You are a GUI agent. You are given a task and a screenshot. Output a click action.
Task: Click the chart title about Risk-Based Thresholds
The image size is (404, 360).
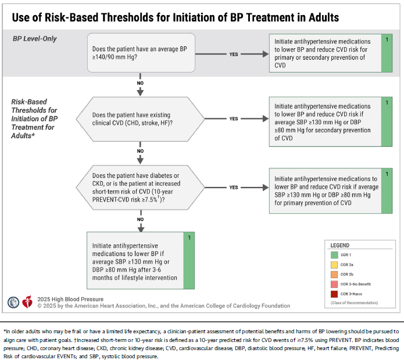pos(175,17)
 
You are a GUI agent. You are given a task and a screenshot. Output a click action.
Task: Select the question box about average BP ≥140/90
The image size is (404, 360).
pos(141,52)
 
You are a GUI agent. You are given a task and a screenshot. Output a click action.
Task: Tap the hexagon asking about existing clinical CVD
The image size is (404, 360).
pos(140,119)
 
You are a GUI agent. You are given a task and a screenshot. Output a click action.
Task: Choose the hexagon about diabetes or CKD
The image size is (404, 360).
pos(140,188)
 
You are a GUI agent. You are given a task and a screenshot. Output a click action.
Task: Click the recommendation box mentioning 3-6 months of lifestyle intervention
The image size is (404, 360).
pos(141,260)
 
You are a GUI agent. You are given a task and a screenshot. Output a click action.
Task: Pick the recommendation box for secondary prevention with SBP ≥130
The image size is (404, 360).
pos(331,122)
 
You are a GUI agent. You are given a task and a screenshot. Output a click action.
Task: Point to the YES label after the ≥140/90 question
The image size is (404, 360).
pos(234,55)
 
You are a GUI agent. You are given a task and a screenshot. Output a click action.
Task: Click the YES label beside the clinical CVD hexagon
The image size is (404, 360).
pos(234,118)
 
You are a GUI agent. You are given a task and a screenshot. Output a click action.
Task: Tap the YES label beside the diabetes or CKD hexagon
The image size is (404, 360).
pos(234,188)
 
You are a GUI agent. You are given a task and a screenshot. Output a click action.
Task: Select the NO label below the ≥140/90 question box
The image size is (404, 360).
pos(140,83)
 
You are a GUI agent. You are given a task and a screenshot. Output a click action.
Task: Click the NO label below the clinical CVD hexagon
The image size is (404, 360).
pos(140,151)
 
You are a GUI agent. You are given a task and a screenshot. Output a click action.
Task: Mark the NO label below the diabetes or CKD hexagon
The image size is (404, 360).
pos(141,219)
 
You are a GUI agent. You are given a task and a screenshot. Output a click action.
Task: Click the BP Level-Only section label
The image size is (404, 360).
pos(34,38)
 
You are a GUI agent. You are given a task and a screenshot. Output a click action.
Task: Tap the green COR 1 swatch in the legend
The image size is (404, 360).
pos(334,255)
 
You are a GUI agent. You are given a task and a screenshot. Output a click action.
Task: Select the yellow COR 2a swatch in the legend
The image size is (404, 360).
pos(334,265)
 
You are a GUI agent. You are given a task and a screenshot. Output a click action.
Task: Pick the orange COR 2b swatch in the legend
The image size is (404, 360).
pos(334,274)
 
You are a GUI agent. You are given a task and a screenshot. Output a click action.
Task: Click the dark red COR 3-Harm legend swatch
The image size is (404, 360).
pos(334,294)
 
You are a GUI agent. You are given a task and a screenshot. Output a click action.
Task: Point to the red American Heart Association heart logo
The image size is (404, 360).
pos(27,302)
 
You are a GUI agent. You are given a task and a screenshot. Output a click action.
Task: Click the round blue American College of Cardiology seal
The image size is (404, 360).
pos(13,303)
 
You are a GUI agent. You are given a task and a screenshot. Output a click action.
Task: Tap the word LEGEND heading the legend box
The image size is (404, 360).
pos(340,245)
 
